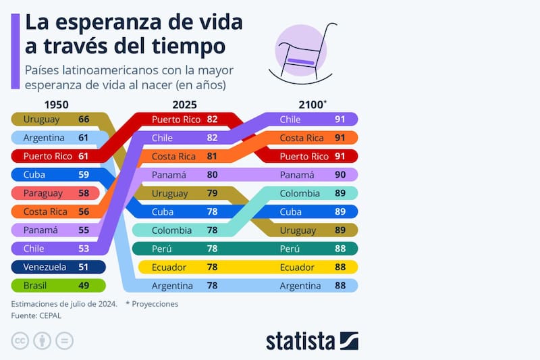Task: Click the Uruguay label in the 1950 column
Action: (x=41, y=120)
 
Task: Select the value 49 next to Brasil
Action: (x=84, y=285)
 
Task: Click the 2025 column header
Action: (x=185, y=105)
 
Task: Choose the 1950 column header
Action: (x=56, y=105)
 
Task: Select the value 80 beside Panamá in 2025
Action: (x=212, y=175)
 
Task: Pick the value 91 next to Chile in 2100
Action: (x=340, y=120)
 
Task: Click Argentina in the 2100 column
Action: (x=300, y=285)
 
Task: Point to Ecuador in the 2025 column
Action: (x=169, y=267)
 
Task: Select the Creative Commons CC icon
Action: (x=20, y=340)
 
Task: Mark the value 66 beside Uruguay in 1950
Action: (x=84, y=120)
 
